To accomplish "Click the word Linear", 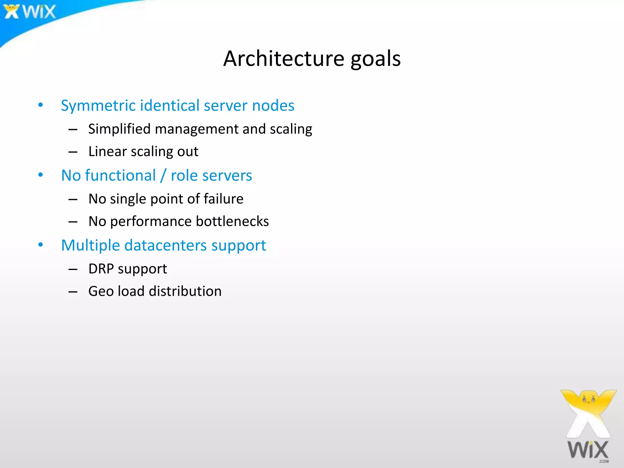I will (x=107, y=151).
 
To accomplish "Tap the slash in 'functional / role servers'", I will (x=164, y=175).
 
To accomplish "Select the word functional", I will (x=120, y=175).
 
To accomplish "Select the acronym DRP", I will (x=101, y=268).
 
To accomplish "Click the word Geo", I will (x=101, y=291).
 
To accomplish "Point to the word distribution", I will (x=185, y=291).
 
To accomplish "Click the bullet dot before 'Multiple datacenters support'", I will (x=41, y=245).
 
